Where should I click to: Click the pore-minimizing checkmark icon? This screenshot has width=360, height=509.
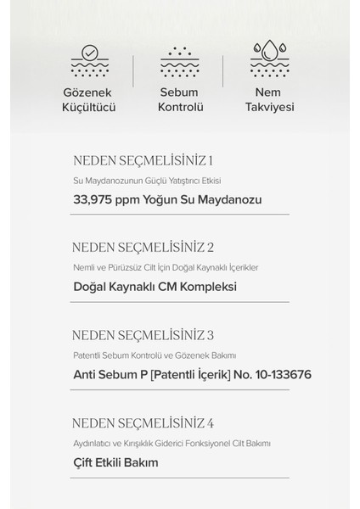tap(89, 59)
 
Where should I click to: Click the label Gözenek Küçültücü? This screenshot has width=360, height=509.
tap(89, 100)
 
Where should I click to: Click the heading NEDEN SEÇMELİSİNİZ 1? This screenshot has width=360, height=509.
tap(143, 160)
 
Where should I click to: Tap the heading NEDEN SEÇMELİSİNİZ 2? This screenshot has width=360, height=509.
tap(143, 248)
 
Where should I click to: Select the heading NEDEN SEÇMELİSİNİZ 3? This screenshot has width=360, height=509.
tap(143, 334)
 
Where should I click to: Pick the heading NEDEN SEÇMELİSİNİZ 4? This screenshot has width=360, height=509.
tap(143, 422)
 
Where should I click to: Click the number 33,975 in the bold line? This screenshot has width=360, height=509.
tap(96, 200)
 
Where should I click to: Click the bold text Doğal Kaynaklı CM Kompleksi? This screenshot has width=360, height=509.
tap(155, 287)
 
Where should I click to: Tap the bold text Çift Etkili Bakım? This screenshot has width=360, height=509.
tap(116, 462)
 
